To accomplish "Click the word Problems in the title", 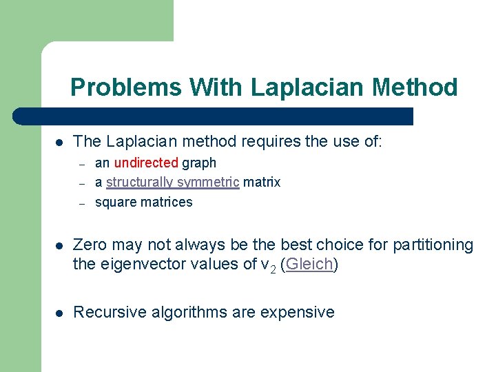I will coord(126,87).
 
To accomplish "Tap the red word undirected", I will coord(146,163).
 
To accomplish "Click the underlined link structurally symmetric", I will coord(172,183).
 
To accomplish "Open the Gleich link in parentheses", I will coord(309,265).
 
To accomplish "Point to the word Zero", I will coord(90,245).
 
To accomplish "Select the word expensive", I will coord(297,312).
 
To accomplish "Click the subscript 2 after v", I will coord(272,269).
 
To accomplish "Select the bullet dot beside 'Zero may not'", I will coord(59,246).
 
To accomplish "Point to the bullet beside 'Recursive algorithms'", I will coord(59,313).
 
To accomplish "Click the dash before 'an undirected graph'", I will coord(81,164).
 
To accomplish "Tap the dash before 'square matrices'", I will coord(81,203).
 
